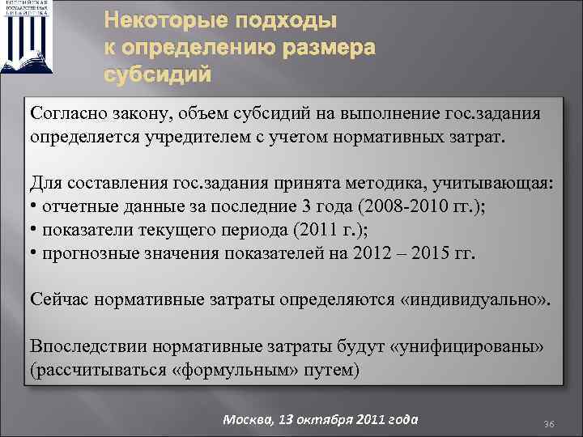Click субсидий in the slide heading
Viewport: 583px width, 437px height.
159,74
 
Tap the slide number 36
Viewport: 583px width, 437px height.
548,424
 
